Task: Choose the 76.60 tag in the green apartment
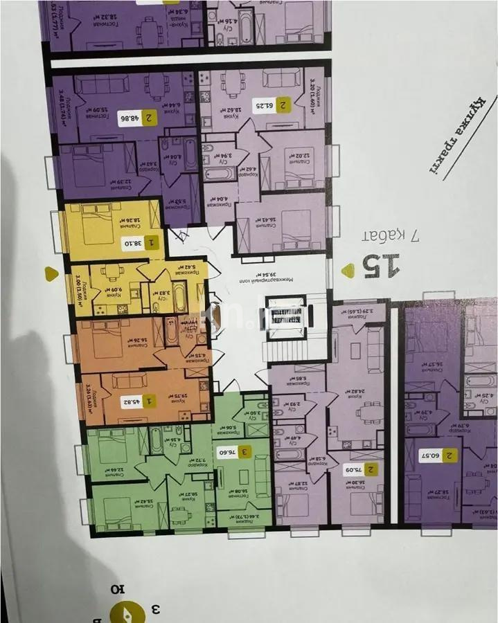click(x=234, y=452)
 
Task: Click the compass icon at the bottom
click(x=127, y=612)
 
